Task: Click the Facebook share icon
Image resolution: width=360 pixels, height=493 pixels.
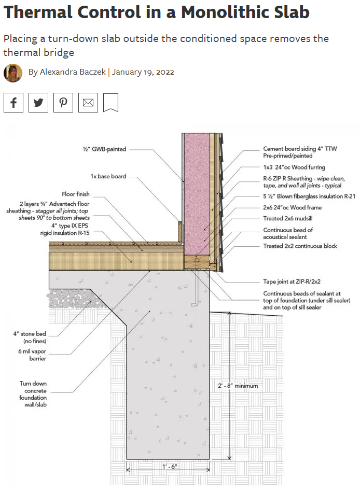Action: [13, 103]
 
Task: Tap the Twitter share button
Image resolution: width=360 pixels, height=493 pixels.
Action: [38, 103]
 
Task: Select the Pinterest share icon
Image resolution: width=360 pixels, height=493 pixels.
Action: [63, 103]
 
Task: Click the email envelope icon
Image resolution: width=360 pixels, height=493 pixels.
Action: [88, 103]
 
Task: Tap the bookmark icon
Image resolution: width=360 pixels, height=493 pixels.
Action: [110, 103]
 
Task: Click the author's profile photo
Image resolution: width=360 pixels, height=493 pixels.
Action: [13, 73]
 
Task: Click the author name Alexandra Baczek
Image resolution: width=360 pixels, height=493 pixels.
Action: [72, 73]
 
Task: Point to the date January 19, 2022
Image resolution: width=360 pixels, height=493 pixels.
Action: [143, 73]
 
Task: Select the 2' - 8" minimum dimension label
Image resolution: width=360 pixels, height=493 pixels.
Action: [238, 386]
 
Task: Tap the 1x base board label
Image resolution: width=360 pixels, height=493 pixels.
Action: [108, 176]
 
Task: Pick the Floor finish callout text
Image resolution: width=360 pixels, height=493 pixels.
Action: [76, 194]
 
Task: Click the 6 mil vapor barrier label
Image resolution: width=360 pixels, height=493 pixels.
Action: [33, 355]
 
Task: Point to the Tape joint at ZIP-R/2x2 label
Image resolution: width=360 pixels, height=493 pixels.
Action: [292, 282]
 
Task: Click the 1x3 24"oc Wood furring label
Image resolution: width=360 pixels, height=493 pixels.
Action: [294, 167]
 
